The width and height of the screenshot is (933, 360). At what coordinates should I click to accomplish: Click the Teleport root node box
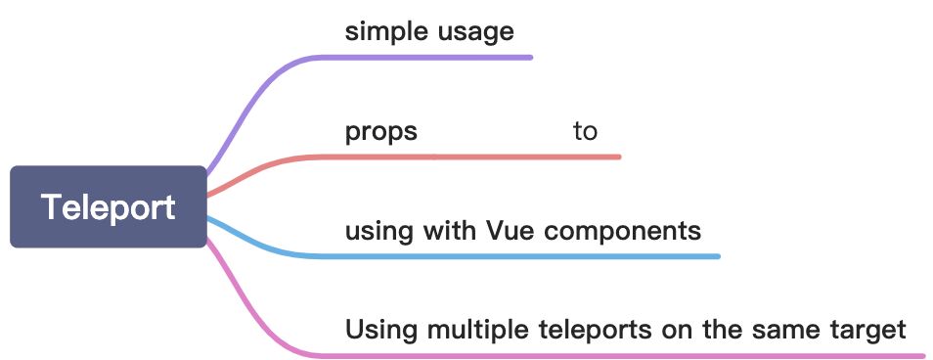(109, 206)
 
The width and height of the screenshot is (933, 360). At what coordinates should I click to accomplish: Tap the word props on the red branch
(380, 132)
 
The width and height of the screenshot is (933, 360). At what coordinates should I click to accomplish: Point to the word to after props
(585, 131)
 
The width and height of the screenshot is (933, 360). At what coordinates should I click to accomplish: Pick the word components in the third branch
(621, 232)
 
